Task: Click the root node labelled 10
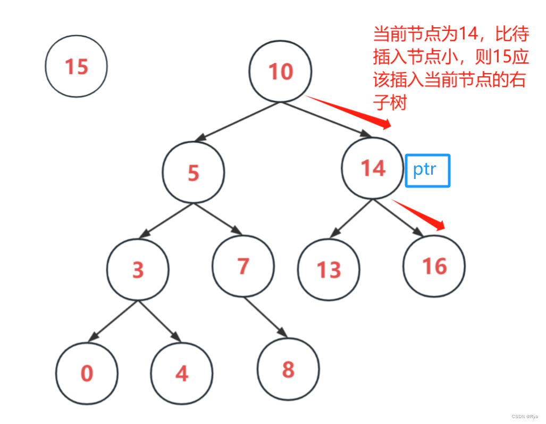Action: (280, 71)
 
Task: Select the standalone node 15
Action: (76, 67)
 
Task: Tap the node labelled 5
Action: (194, 172)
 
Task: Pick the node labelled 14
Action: (373, 168)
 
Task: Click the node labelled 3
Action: (138, 270)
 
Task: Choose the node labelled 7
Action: (243, 265)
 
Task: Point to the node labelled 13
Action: (329, 270)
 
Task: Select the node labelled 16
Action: (434, 265)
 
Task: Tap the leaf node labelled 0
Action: (87, 373)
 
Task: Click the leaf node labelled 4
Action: (181, 373)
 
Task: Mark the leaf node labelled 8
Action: (288, 369)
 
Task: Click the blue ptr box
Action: (427, 170)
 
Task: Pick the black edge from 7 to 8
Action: (266, 317)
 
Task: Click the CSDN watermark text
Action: (524, 417)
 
